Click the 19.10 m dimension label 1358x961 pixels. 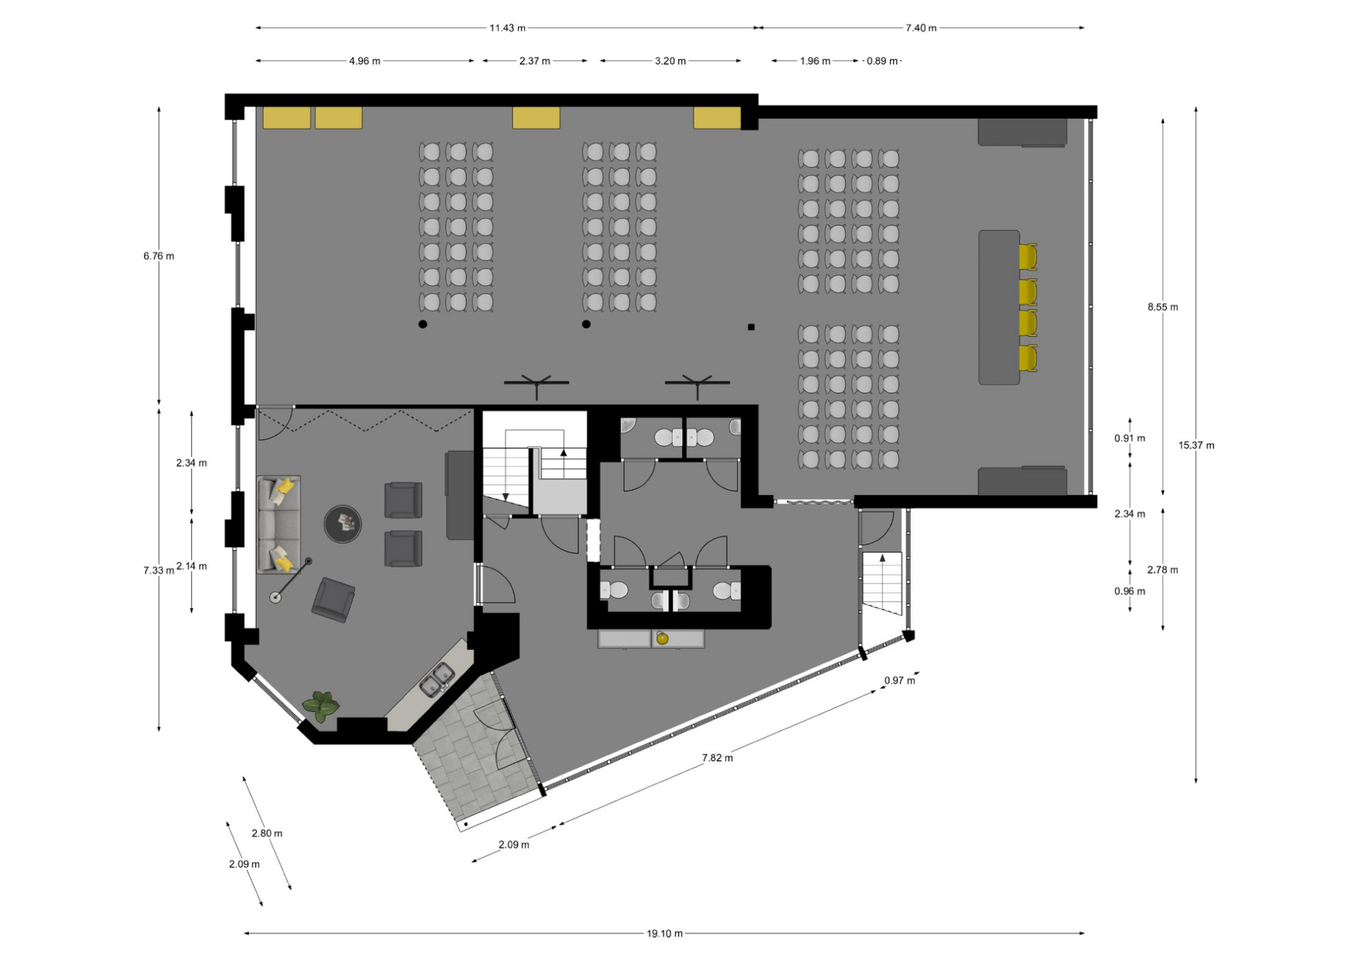click(x=664, y=933)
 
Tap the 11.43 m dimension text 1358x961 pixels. click(x=507, y=28)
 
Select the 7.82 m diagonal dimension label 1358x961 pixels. click(x=717, y=758)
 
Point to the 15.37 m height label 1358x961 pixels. click(x=1196, y=445)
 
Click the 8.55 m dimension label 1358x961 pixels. click(x=1163, y=307)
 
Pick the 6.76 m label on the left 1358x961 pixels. click(x=158, y=256)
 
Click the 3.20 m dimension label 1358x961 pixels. click(x=670, y=61)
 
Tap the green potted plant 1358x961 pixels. click(x=321, y=706)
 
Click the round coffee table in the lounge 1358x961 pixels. click(x=342, y=524)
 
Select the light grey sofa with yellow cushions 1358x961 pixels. click(x=279, y=524)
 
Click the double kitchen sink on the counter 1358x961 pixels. click(x=436, y=679)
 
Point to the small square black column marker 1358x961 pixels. click(x=751, y=327)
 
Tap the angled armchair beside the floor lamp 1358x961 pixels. click(x=334, y=600)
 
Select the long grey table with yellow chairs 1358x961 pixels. click(x=999, y=307)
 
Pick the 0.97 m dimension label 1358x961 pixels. click(x=899, y=681)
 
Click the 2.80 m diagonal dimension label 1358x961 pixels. click(x=267, y=834)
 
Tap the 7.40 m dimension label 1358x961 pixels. click(x=921, y=28)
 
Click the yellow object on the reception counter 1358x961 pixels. click(x=662, y=638)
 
